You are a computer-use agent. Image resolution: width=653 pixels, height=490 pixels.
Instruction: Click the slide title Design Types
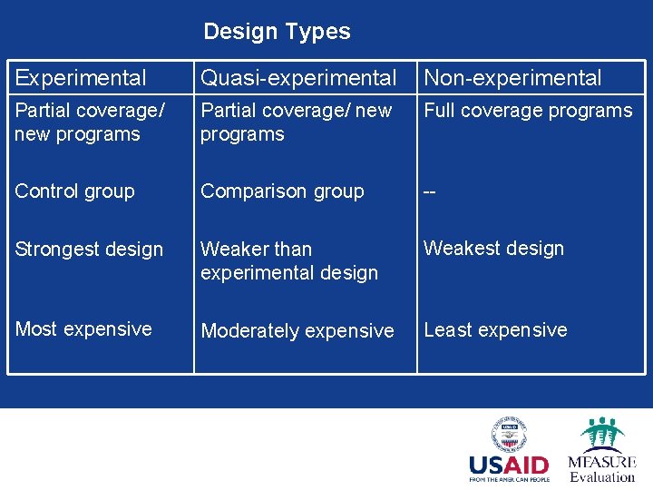(x=277, y=32)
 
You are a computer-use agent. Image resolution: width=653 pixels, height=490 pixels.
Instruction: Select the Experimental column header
(x=81, y=78)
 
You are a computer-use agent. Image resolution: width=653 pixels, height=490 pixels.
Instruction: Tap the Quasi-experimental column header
(x=298, y=79)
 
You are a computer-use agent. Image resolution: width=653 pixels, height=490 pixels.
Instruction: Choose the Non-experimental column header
(x=512, y=78)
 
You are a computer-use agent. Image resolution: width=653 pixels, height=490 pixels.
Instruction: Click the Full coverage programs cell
(x=528, y=111)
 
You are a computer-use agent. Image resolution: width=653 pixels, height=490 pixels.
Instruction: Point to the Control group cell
(x=74, y=191)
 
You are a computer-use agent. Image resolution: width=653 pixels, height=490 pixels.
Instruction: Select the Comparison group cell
(x=282, y=191)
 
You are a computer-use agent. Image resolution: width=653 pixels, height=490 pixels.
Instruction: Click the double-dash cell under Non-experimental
(x=431, y=191)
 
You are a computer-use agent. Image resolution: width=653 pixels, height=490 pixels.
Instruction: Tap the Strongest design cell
(x=89, y=249)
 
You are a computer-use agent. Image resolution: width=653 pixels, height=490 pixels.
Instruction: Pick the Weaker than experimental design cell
(x=288, y=260)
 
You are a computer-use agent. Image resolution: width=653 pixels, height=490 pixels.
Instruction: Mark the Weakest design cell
(x=493, y=248)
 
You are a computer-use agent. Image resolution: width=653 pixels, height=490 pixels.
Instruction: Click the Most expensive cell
(x=83, y=329)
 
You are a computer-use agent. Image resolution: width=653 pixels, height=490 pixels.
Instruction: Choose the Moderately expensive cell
(x=297, y=331)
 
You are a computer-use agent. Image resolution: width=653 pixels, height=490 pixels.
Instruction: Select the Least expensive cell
(x=495, y=330)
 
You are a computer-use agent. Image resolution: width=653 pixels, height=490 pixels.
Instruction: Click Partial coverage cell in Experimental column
(x=89, y=122)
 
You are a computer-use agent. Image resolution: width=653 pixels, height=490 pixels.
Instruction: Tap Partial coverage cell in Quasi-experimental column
(x=296, y=122)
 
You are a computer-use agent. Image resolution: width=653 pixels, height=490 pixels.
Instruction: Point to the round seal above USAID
(x=509, y=435)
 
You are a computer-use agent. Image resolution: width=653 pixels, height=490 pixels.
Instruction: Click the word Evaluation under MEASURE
(x=602, y=476)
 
